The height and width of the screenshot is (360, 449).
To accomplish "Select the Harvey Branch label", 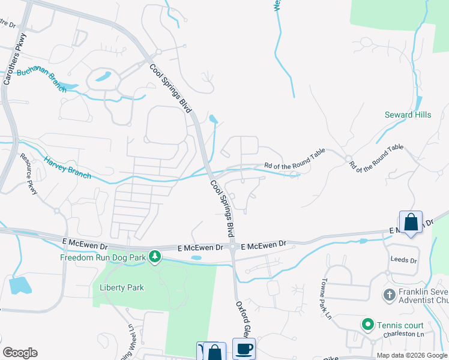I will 67,167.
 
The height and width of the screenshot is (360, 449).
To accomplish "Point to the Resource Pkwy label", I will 29,174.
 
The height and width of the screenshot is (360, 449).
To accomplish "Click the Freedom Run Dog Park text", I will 103,258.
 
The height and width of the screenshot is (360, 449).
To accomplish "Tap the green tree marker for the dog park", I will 155,257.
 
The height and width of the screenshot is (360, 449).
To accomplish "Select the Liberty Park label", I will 122,287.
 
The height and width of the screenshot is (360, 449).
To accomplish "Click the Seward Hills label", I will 408,115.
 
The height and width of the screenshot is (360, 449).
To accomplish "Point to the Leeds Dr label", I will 403,260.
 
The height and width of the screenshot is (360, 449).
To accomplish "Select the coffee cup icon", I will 243,349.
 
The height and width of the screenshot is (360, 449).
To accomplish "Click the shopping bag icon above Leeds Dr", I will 411,223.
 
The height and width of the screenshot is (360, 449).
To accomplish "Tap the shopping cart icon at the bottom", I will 201,351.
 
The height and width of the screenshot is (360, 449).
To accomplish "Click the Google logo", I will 20,353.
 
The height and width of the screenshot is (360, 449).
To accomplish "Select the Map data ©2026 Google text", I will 411,355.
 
